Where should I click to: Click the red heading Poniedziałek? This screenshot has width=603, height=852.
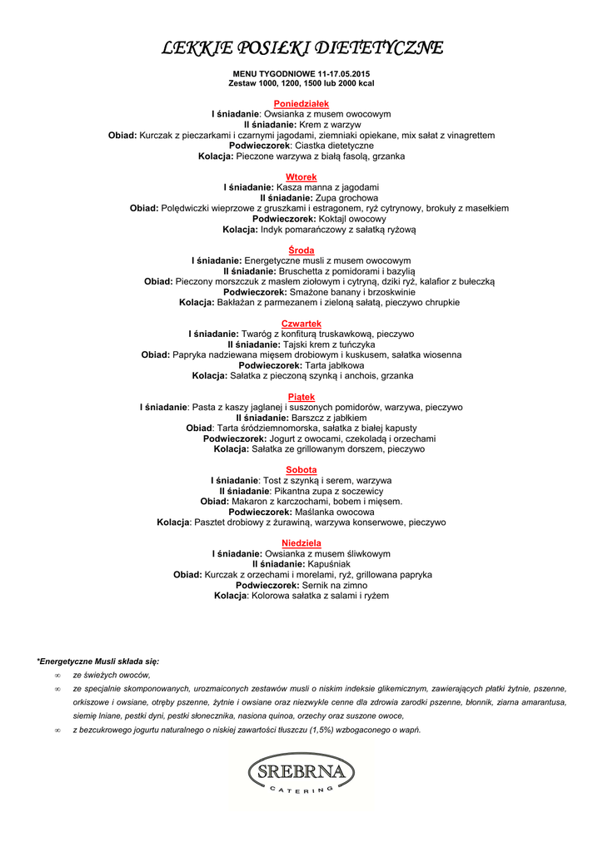click(x=301, y=103)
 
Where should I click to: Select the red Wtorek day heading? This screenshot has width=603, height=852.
click(x=301, y=177)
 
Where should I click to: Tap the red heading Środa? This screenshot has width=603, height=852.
click(x=301, y=250)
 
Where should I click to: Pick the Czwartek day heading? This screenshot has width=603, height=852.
click(x=301, y=324)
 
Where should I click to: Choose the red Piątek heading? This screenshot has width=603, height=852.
click(x=301, y=397)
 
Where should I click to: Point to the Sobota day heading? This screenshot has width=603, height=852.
click(x=301, y=470)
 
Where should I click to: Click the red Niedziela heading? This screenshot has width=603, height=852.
click(x=301, y=543)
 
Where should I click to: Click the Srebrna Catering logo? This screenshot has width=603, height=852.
click(x=301, y=774)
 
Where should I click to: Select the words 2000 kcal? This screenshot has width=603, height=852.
click(x=356, y=84)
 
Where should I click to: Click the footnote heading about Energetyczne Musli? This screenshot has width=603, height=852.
click(x=97, y=661)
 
